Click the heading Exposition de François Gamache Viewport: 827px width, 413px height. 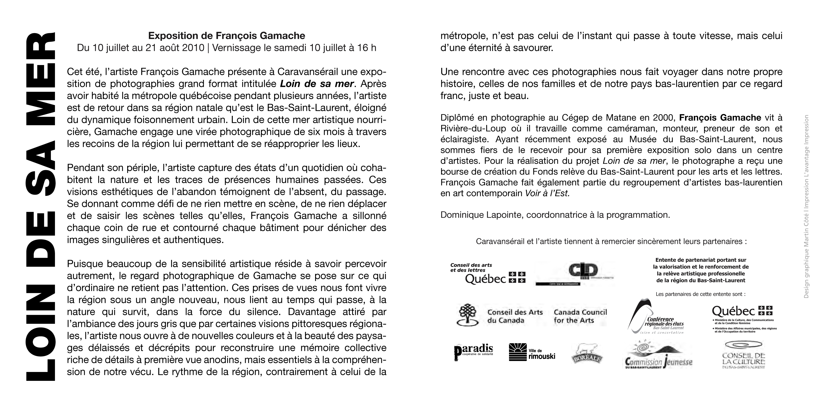(226, 36)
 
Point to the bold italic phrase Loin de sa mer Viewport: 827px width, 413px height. (317, 84)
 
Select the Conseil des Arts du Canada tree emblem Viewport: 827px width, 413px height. (469, 315)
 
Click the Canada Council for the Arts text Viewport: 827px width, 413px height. (580, 316)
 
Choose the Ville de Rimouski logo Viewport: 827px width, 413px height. (532, 352)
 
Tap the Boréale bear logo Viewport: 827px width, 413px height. (587, 354)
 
